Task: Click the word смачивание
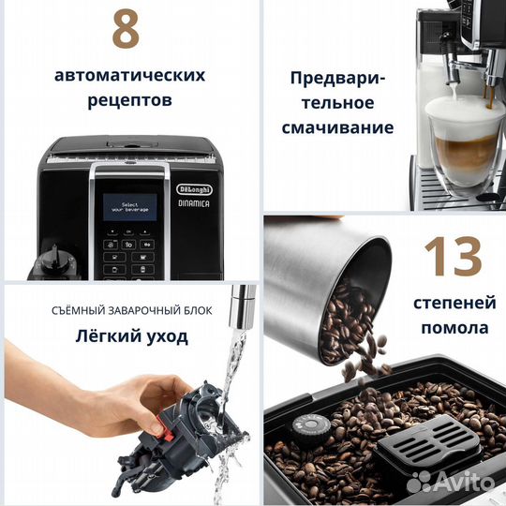341,127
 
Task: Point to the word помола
454,328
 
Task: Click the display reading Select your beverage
129,208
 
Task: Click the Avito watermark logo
452,481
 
